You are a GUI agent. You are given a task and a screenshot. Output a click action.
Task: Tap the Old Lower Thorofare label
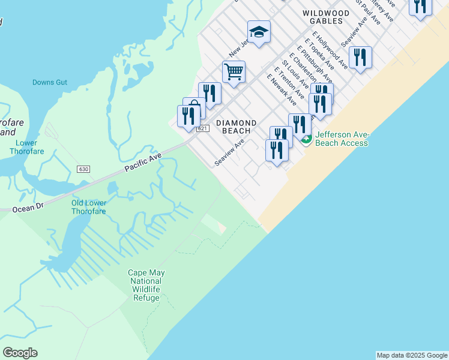click(89, 207)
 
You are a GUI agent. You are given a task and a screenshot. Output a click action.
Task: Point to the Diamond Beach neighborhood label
click(240, 127)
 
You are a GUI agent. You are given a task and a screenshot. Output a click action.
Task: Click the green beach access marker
click(306, 140)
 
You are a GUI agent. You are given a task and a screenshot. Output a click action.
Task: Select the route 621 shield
click(202, 129)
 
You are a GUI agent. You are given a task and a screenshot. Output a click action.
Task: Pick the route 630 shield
click(83, 170)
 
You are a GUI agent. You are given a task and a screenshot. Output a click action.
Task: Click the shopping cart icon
click(234, 71)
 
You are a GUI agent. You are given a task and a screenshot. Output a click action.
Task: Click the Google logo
click(20, 353)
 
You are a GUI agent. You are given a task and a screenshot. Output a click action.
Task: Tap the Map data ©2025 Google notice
click(412, 355)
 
